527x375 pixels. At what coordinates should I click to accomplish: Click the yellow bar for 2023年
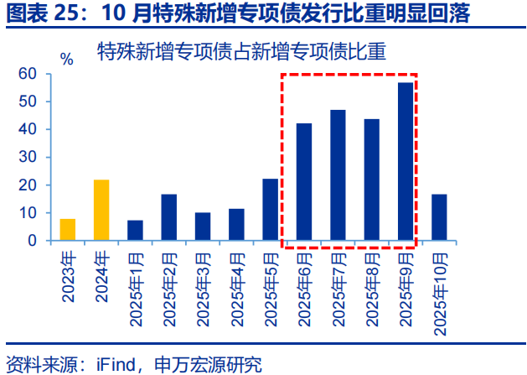click(x=68, y=229)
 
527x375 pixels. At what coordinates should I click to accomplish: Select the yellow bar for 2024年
click(x=101, y=211)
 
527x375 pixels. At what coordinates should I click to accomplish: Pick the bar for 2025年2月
click(x=168, y=217)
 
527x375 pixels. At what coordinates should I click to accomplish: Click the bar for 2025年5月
click(x=270, y=210)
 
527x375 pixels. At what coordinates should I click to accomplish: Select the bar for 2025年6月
click(x=304, y=182)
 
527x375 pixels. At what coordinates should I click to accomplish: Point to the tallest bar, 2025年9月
click(x=406, y=161)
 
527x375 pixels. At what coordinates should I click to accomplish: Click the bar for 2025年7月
click(x=338, y=175)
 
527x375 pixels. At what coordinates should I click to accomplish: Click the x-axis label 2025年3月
click(x=203, y=289)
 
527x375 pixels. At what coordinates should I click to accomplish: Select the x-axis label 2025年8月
click(x=372, y=289)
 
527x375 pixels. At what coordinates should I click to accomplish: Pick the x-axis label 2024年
click(x=101, y=278)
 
